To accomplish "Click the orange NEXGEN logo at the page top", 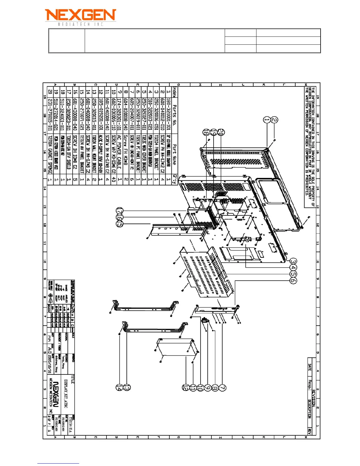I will click(x=80, y=15).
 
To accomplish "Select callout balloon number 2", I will click(x=274, y=120).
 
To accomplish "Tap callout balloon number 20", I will click(x=221, y=132).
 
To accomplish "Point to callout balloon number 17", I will click(x=119, y=211).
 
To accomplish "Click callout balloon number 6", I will click(x=293, y=280).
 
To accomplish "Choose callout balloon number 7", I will click(x=223, y=388).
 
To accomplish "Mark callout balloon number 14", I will click(x=119, y=388).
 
